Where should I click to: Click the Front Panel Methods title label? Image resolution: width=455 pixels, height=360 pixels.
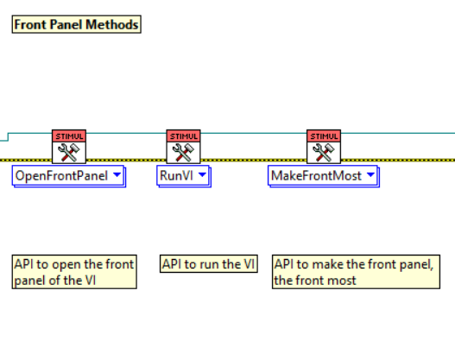click(x=76, y=24)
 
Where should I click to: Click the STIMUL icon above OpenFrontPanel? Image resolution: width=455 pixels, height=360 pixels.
click(x=68, y=147)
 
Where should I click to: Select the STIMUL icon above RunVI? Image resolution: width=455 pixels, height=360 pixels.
click(x=183, y=147)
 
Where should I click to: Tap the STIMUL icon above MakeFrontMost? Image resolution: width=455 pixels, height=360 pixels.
click(x=324, y=147)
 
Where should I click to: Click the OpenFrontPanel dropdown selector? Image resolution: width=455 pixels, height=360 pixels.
click(x=68, y=176)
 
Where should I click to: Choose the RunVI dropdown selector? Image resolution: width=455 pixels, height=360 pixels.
click(x=183, y=176)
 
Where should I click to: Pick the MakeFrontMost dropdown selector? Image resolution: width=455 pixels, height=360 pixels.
click(x=324, y=176)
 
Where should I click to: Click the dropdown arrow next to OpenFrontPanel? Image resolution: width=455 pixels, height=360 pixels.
click(x=117, y=176)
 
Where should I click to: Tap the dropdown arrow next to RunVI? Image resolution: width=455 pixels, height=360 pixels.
click(x=202, y=176)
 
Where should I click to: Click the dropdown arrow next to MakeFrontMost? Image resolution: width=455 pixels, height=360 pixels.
click(x=370, y=176)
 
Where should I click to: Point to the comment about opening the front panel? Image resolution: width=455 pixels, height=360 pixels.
click(x=74, y=272)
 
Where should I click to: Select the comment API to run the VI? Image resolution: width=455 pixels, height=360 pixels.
click(x=209, y=264)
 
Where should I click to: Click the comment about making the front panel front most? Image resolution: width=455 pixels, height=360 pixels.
click(x=357, y=272)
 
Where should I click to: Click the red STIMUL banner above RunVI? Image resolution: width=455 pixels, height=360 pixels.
click(x=183, y=136)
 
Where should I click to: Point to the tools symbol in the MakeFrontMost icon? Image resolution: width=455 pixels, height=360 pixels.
click(x=324, y=152)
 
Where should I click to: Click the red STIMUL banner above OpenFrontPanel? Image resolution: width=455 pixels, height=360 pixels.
click(x=68, y=136)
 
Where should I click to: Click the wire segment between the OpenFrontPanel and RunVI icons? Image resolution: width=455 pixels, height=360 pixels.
click(x=125, y=160)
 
